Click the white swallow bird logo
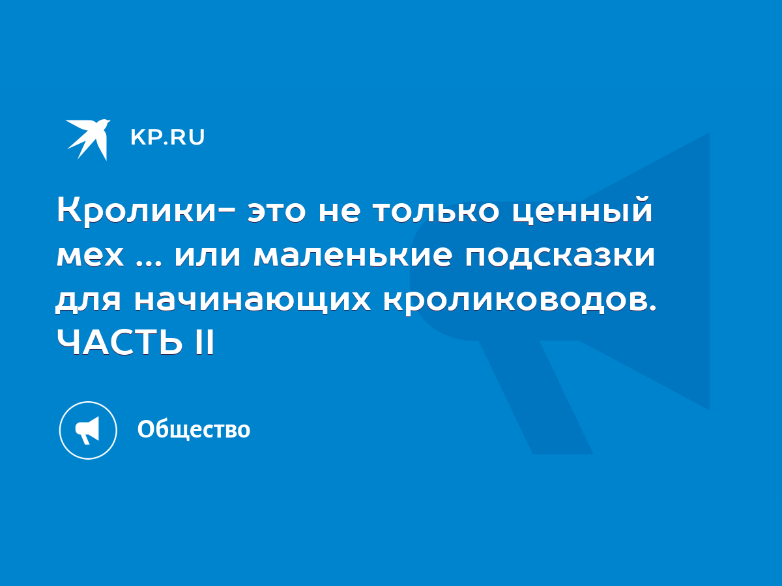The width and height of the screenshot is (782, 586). click(x=87, y=139)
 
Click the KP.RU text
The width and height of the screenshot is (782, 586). click(x=167, y=137)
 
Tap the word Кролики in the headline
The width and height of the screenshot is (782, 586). click(x=136, y=210)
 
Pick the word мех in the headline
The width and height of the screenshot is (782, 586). click(x=91, y=256)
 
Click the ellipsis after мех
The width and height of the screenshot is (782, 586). click(x=149, y=262)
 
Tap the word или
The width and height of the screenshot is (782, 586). click(x=207, y=256)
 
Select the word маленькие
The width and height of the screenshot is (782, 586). click(x=353, y=256)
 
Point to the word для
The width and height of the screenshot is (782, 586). click(x=89, y=301)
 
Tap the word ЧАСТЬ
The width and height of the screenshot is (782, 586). click(x=120, y=342)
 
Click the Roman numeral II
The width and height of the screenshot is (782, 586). click(x=205, y=342)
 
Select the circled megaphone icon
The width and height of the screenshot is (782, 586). click(x=88, y=430)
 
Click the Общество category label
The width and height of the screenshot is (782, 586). click(x=194, y=430)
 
